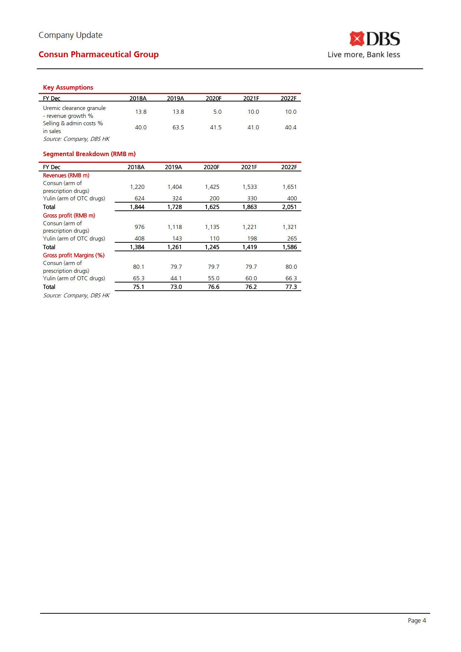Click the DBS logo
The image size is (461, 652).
374,39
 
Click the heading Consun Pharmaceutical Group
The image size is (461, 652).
98,54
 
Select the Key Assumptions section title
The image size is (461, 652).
68,87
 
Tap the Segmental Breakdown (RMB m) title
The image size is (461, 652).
89,154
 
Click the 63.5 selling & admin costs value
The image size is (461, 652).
178,128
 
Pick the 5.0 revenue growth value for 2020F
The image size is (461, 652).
217,112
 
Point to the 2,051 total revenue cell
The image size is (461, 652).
289,207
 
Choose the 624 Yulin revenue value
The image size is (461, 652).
139,198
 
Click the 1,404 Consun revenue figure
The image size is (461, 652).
175,187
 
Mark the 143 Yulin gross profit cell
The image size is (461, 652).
177,239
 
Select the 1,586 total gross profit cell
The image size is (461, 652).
289,247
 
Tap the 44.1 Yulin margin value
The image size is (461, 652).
176,278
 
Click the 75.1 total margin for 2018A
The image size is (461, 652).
139,287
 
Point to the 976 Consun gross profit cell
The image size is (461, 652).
139,227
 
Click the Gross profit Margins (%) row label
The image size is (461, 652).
74,255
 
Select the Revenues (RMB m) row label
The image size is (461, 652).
66,175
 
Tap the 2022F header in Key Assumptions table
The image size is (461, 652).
289,99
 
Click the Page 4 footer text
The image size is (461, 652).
417,620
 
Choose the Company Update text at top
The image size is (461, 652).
71,35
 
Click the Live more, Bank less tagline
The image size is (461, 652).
364,55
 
